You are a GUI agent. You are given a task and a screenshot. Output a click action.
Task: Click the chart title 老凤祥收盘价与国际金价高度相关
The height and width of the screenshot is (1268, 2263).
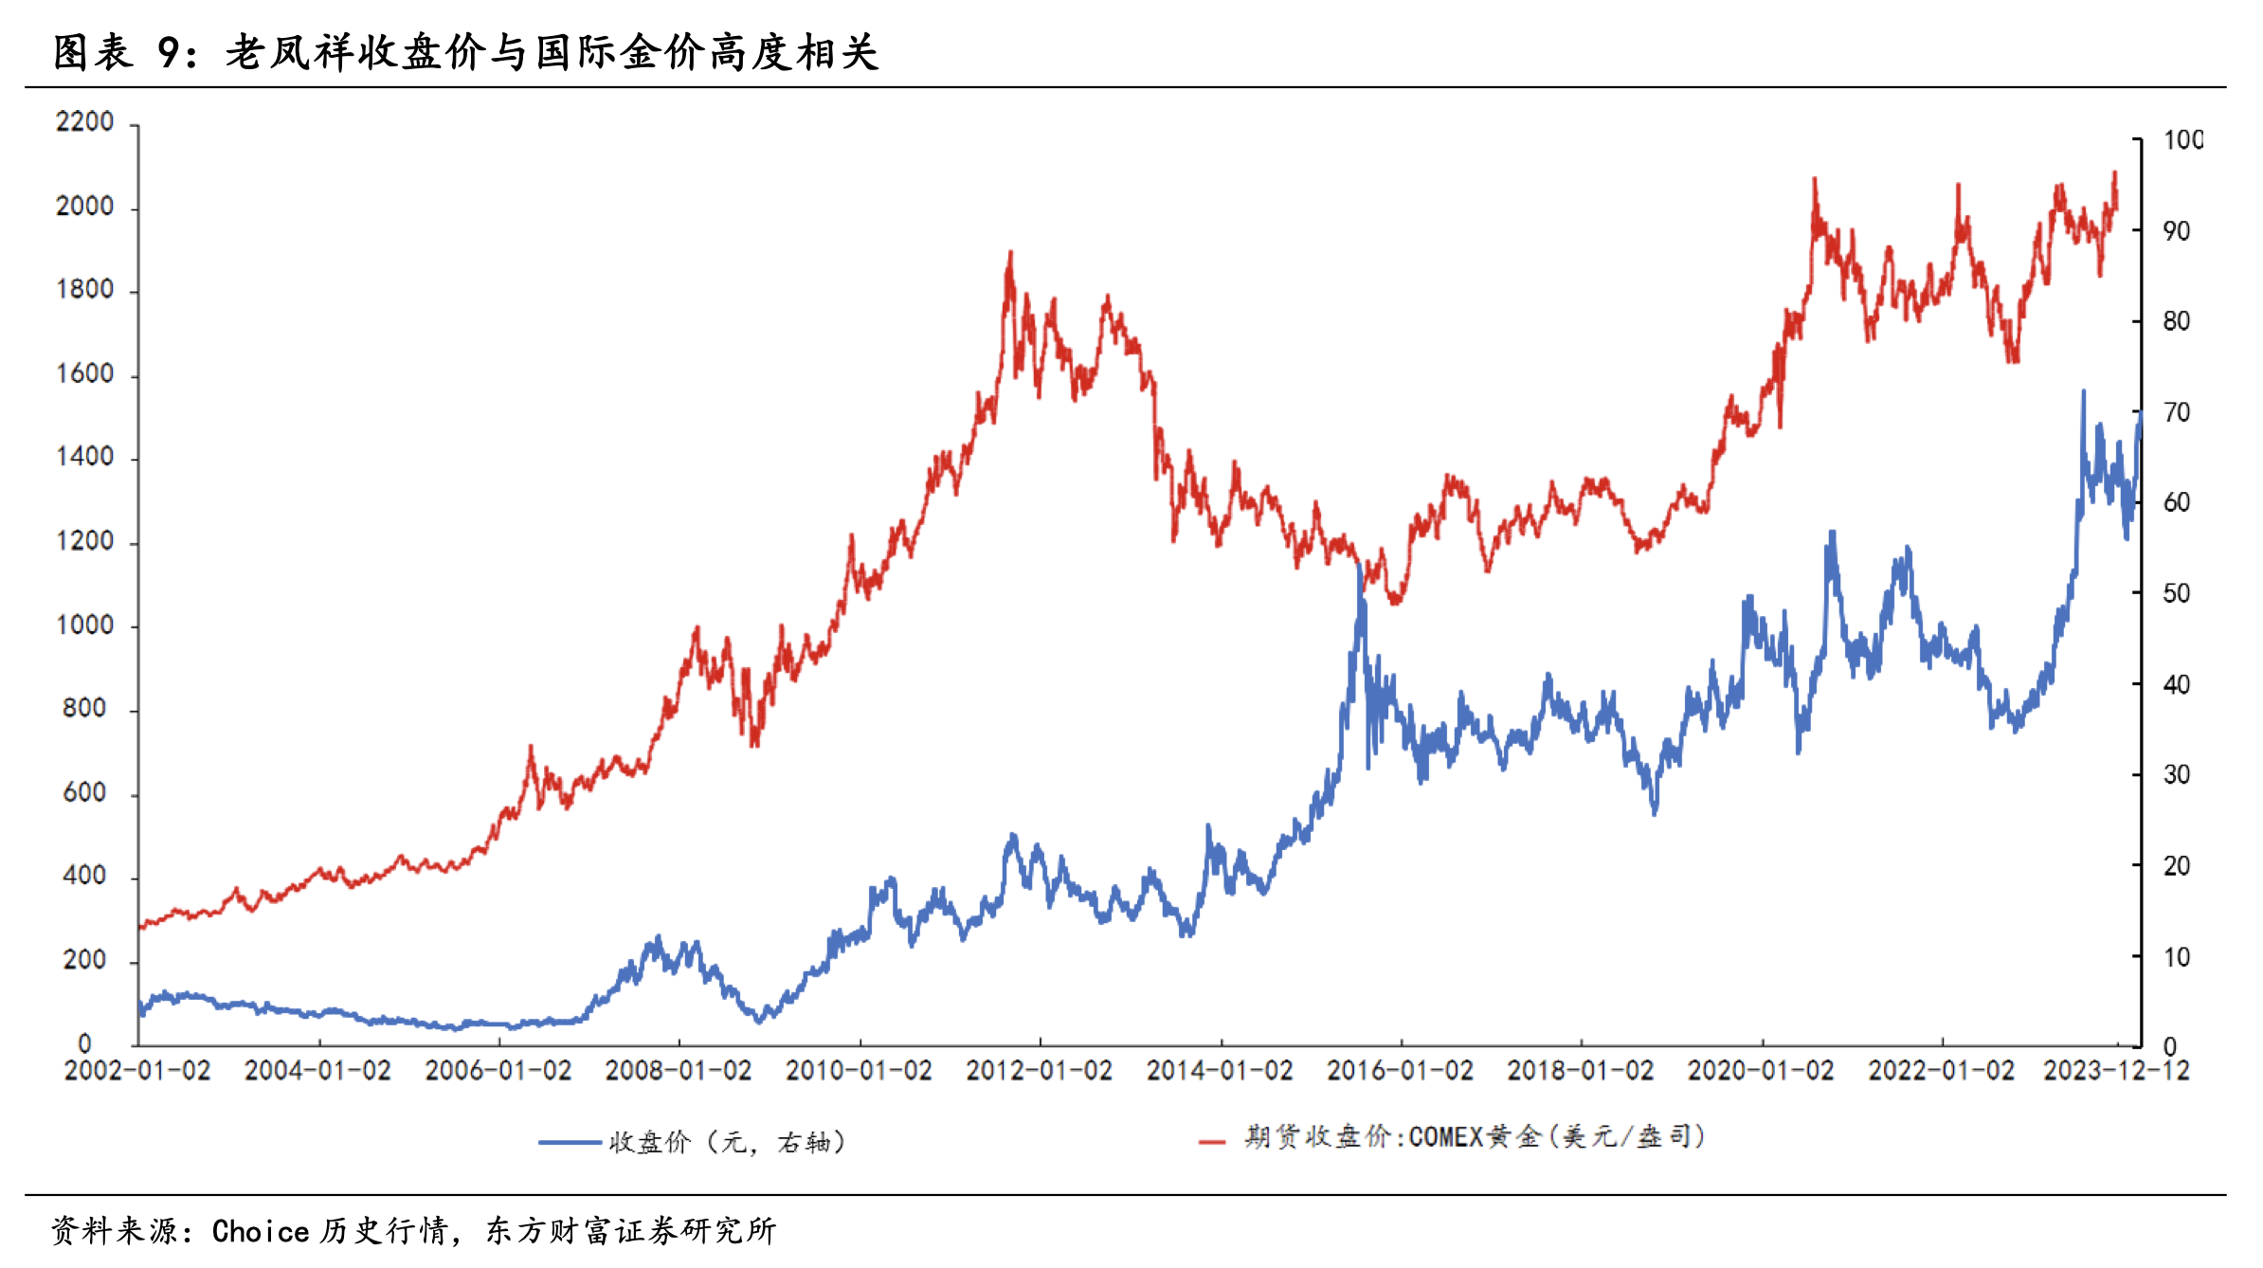click(x=552, y=52)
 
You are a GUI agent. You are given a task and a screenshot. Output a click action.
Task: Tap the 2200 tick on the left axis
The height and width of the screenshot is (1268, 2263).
click(x=84, y=122)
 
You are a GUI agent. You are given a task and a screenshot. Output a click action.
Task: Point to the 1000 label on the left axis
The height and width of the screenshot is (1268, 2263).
click(x=84, y=625)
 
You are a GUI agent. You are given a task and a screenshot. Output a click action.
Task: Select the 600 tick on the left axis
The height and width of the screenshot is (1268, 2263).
click(x=84, y=793)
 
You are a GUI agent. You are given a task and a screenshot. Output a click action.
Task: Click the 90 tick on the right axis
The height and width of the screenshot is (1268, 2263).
click(x=2177, y=231)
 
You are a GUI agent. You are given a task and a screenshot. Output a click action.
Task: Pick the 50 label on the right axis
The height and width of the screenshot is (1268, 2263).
click(x=2177, y=594)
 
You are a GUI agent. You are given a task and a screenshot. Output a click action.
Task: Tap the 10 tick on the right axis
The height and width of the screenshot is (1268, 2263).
click(x=2177, y=957)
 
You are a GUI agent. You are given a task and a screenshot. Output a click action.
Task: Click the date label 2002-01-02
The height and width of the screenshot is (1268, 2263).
click(x=137, y=1071)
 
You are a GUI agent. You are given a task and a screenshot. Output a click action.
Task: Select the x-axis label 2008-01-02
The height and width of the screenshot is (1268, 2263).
click(x=679, y=1071)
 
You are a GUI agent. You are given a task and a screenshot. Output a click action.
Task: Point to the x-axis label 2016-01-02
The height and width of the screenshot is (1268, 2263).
click(x=1400, y=1071)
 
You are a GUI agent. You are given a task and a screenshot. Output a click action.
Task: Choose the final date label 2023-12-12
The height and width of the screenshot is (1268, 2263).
click(x=2116, y=1071)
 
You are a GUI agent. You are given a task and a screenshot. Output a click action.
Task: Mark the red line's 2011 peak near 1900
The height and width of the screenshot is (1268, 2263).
click(x=1010, y=254)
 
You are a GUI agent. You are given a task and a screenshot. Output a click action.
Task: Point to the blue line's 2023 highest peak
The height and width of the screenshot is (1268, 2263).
click(x=2083, y=391)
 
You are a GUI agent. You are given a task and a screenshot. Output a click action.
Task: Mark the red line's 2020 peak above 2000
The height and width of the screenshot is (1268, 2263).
click(x=1815, y=180)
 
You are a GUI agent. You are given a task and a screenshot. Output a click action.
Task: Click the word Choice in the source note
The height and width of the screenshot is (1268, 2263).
click(x=261, y=1231)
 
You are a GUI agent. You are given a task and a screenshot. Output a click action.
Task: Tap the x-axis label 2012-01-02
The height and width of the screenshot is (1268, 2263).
click(x=1040, y=1071)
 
